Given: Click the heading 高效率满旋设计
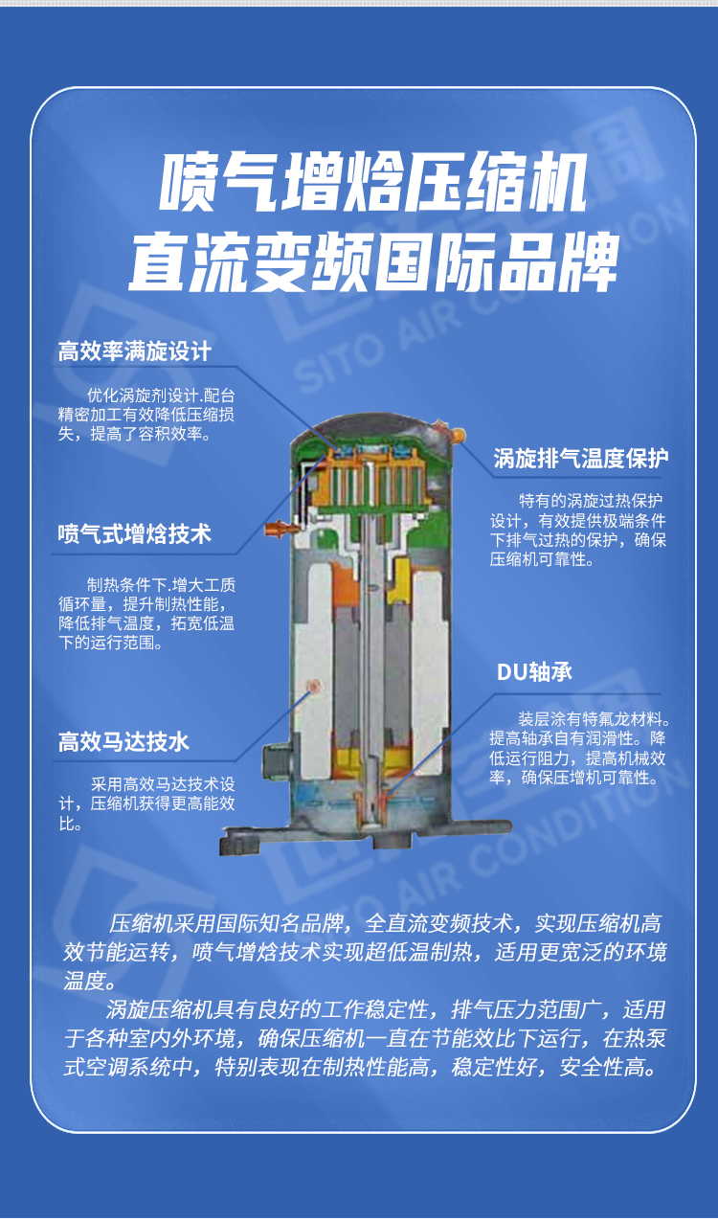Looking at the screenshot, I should (x=134, y=351).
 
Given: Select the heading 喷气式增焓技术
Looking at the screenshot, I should (x=134, y=533).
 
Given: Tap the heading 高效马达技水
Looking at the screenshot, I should (x=123, y=741).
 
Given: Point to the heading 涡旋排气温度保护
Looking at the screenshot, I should (x=580, y=459).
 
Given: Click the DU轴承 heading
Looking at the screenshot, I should (x=534, y=671).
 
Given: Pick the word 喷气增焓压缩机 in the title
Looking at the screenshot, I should (x=372, y=184).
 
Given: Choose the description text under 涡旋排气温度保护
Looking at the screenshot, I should (x=578, y=530).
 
